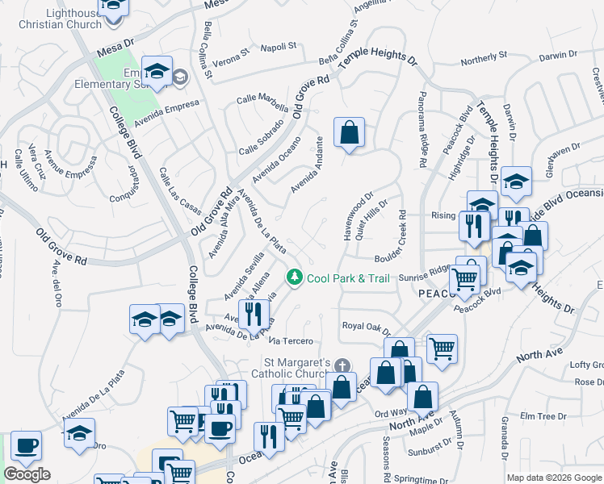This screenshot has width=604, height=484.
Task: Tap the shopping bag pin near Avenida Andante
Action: [x=349, y=133]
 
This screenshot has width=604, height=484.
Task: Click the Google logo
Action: [x=27, y=474]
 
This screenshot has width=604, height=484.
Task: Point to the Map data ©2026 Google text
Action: [x=554, y=478]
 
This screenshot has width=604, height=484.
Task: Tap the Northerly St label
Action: [x=483, y=56]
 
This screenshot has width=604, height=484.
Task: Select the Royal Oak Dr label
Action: [x=366, y=328]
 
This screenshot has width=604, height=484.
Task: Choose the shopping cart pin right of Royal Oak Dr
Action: [x=442, y=348]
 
